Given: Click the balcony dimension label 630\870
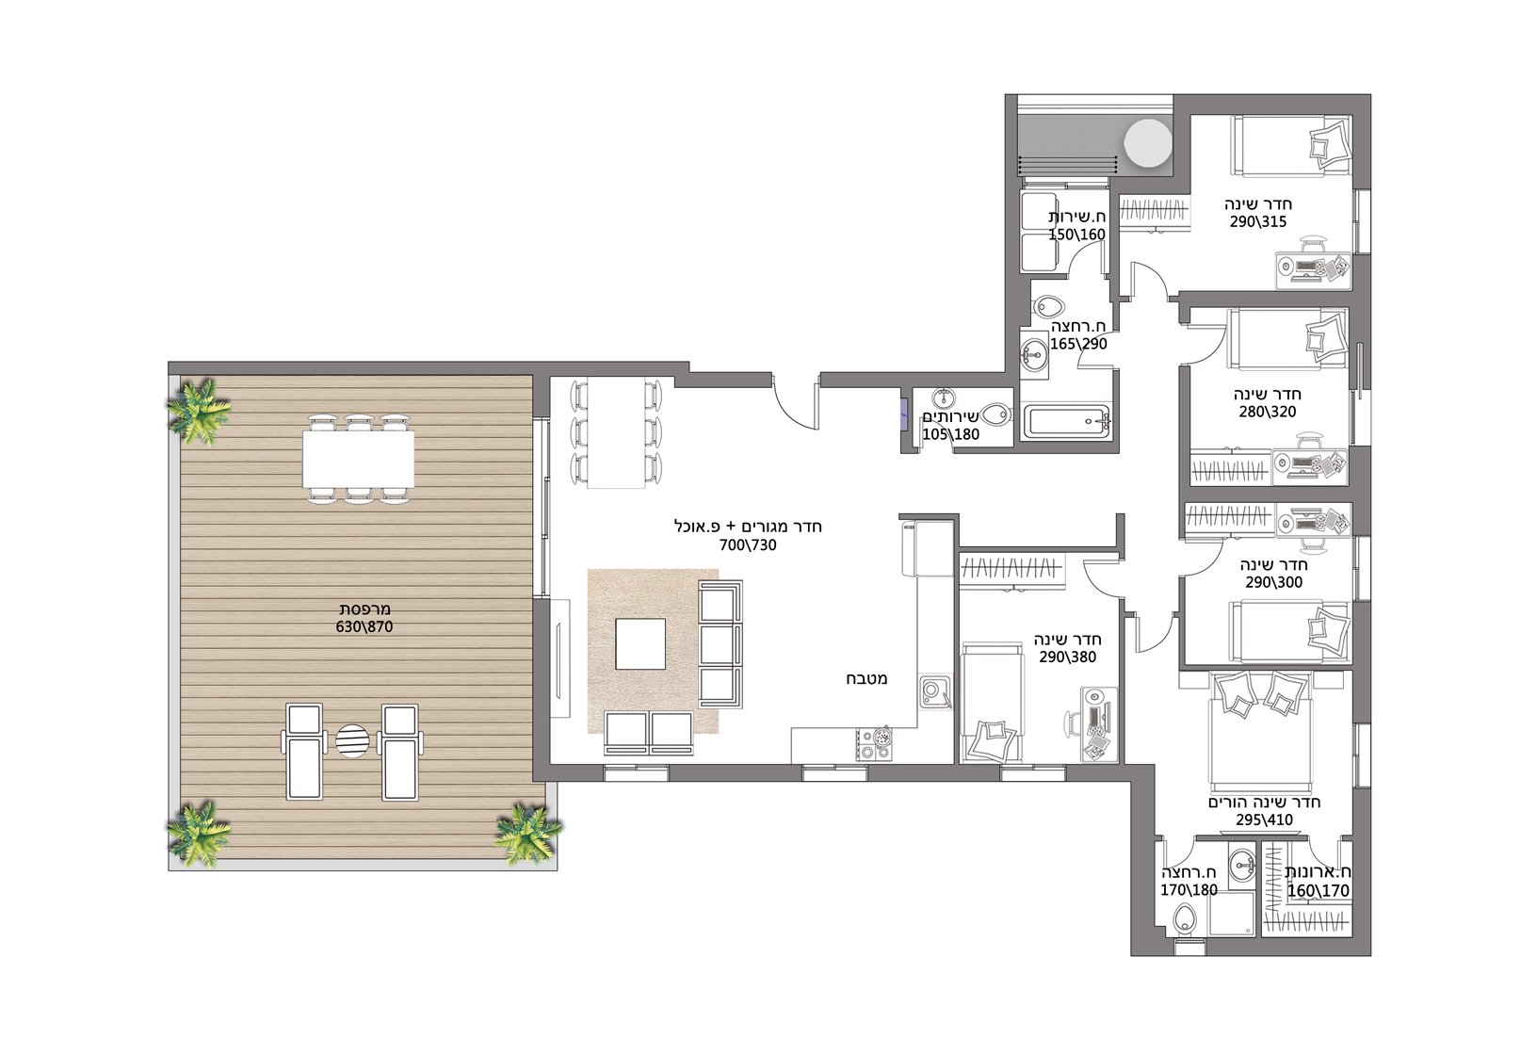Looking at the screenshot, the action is (364, 626).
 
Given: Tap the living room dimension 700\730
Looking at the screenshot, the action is (748, 545).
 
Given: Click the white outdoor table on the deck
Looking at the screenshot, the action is (358, 459).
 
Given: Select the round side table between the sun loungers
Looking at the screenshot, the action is (352, 741).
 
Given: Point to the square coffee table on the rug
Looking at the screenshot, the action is (640, 644).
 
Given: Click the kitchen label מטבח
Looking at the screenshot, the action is (866, 679).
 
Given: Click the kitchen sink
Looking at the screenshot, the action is (934, 693).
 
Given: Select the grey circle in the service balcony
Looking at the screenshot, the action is (1148, 143).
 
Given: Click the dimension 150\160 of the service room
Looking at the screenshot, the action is (1076, 235).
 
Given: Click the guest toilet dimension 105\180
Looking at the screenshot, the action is (950, 434).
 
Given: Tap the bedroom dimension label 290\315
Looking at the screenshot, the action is (1257, 221).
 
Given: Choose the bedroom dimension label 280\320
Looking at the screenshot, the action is (1268, 412).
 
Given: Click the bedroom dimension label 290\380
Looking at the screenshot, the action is (1067, 657).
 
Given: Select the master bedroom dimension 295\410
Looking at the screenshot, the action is (1264, 820).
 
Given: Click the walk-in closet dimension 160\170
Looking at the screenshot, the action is (1318, 890).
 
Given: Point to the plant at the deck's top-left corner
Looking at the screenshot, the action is (199, 411).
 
